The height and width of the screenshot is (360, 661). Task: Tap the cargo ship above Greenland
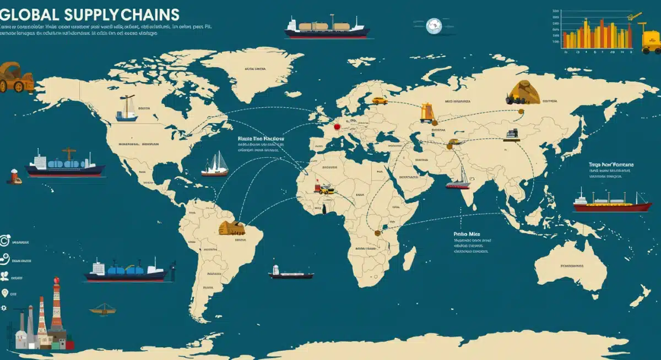point(327,27)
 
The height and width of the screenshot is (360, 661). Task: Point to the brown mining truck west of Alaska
point(15,78)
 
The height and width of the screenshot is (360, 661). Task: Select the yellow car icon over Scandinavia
point(379,101)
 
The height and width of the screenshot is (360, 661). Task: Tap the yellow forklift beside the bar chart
point(651,39)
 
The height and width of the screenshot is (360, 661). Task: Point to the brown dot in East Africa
point(377,233)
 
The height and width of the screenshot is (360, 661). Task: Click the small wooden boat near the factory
point(103,309)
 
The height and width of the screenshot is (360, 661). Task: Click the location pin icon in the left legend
point(5,293)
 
